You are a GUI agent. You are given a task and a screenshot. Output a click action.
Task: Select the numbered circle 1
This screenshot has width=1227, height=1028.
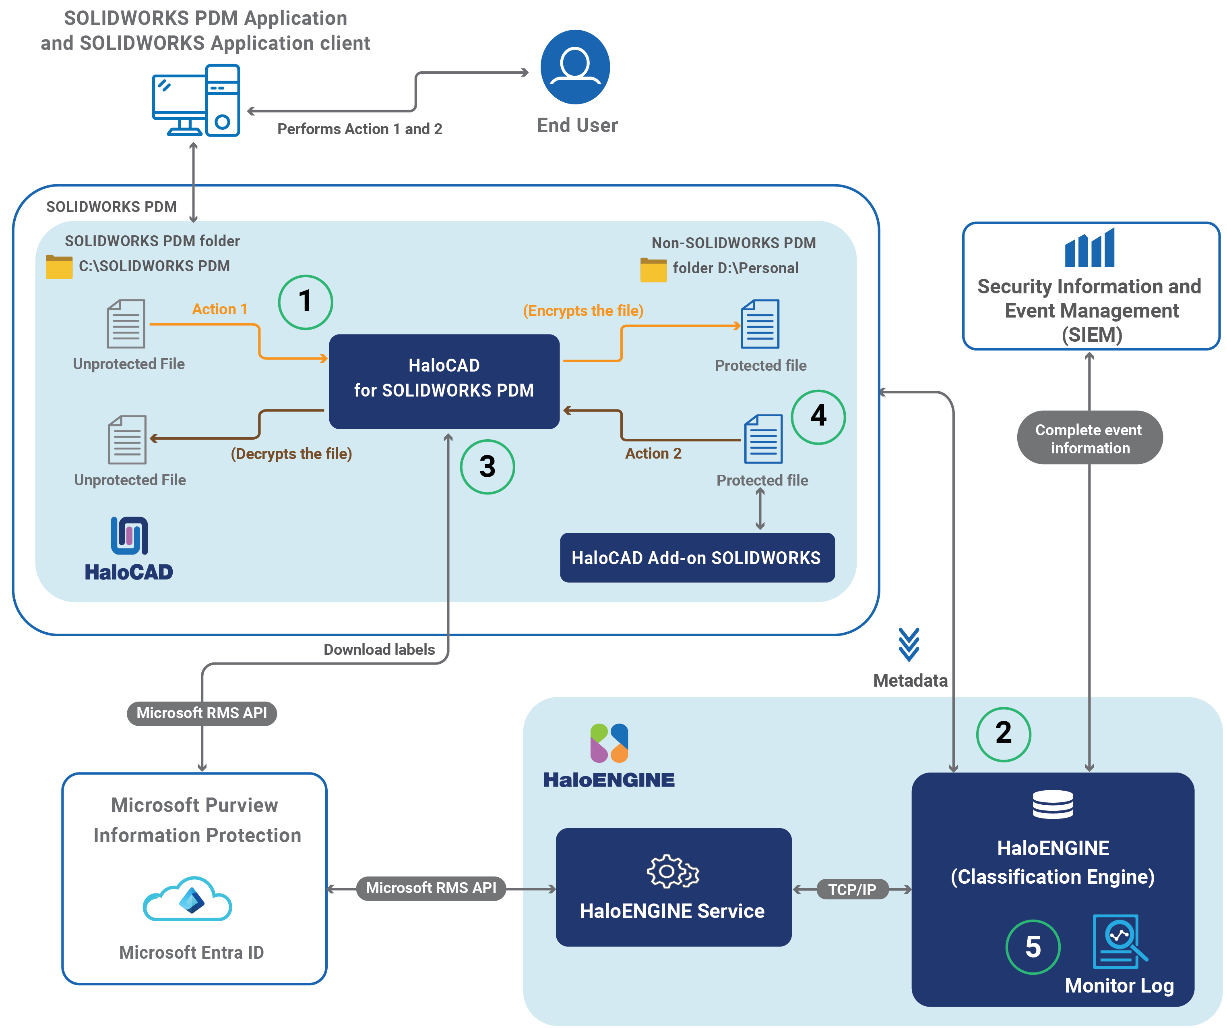305,302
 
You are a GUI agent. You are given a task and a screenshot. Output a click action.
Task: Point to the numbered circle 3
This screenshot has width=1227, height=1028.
487,467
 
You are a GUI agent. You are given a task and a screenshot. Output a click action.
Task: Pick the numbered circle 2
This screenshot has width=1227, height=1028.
1003,734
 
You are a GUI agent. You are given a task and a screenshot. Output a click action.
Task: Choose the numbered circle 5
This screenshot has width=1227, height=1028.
1033,947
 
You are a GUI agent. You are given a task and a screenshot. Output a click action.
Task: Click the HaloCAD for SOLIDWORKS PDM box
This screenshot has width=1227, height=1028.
444,381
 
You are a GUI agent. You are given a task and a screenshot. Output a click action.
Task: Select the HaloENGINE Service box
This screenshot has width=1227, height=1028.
673,887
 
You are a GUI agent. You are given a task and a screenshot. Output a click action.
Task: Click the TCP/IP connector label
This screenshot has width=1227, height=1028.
852,889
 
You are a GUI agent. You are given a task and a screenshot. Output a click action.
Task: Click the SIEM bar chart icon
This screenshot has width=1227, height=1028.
1090,248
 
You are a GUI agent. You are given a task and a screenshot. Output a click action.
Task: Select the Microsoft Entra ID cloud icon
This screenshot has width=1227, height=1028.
188,899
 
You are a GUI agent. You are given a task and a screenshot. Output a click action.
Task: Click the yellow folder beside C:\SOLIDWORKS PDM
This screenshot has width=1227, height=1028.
59,267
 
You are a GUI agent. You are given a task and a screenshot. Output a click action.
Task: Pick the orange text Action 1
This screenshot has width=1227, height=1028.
220,309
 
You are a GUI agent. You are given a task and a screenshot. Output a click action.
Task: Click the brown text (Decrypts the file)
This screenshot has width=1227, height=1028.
291,454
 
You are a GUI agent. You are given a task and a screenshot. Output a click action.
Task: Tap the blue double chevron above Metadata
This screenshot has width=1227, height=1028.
909,644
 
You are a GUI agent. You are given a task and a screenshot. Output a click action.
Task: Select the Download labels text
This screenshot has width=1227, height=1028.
379,650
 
